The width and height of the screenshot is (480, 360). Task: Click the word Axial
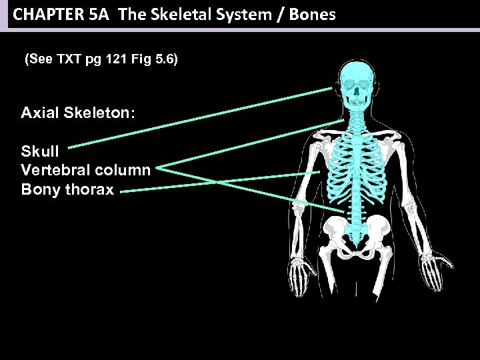click(40, 113)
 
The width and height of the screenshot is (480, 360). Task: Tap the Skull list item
click(40, 151)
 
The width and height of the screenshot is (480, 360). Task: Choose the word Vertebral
click(53, 170)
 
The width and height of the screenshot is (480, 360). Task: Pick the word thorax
click(89, 189)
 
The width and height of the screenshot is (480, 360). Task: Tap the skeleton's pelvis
click(361, 237)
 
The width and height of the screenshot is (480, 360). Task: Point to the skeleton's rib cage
click(360, 167)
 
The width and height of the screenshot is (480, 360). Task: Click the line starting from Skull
click(200, 117)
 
